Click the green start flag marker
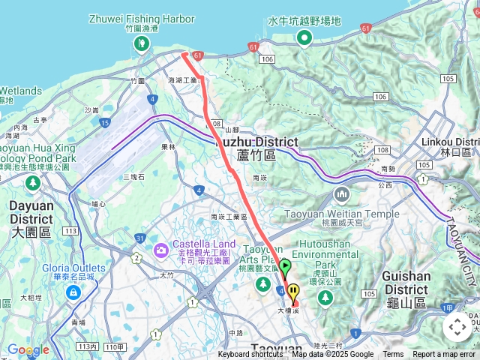click(x=286, y=266)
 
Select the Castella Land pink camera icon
click(x=160, y=249)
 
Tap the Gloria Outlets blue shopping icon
click(x=73, y=292)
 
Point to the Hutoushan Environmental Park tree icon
click(x=324, y=298)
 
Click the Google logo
click(x=28, y=349)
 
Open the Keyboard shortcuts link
click(x=251, y=355)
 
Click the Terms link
click(x=393, y=355)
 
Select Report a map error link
click(x=445, y=355)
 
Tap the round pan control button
click(x=457, y=327)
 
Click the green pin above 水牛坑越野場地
click(x=304, y=37)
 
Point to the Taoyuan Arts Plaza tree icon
click(x=263, y=283)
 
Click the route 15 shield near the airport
click(x=105, y=122)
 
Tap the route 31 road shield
click(x=139, y=238)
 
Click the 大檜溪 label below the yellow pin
click(x=290, y=309)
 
